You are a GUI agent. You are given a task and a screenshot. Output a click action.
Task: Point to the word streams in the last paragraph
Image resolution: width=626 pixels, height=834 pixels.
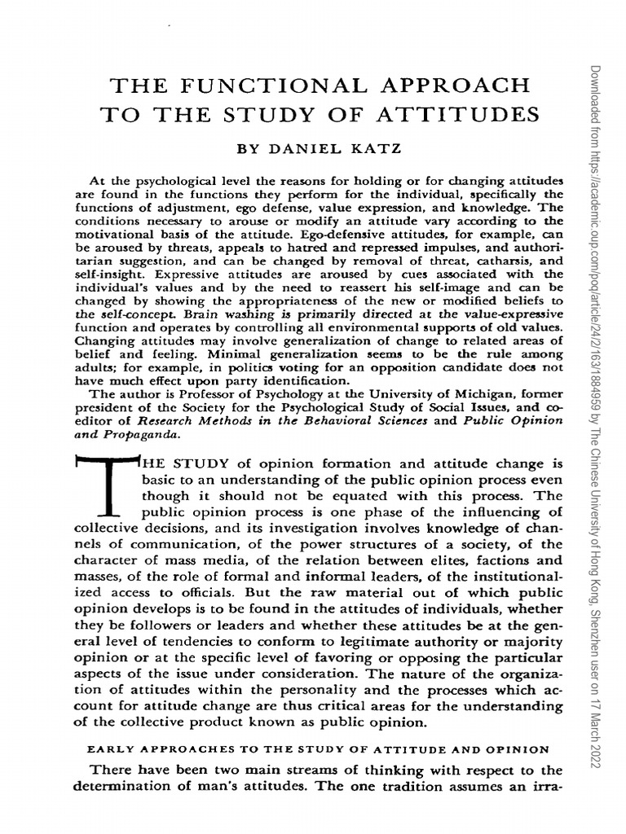(303, 770)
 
